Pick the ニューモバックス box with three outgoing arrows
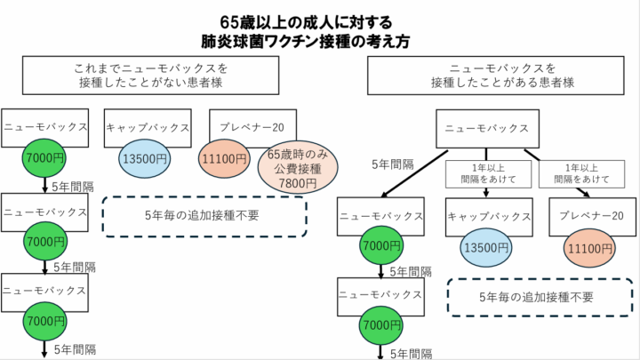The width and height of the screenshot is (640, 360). [488, 128]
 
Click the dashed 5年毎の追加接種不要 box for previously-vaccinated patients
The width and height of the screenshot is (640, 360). [534, 296]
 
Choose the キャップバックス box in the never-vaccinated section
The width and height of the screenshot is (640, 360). [148, 126]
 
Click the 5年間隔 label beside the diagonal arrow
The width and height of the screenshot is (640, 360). [392, 164]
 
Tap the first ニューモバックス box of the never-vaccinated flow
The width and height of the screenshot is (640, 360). [45, 126]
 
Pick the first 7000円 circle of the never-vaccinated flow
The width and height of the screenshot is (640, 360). [45, 157]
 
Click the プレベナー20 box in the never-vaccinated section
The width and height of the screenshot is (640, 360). [252, 125]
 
